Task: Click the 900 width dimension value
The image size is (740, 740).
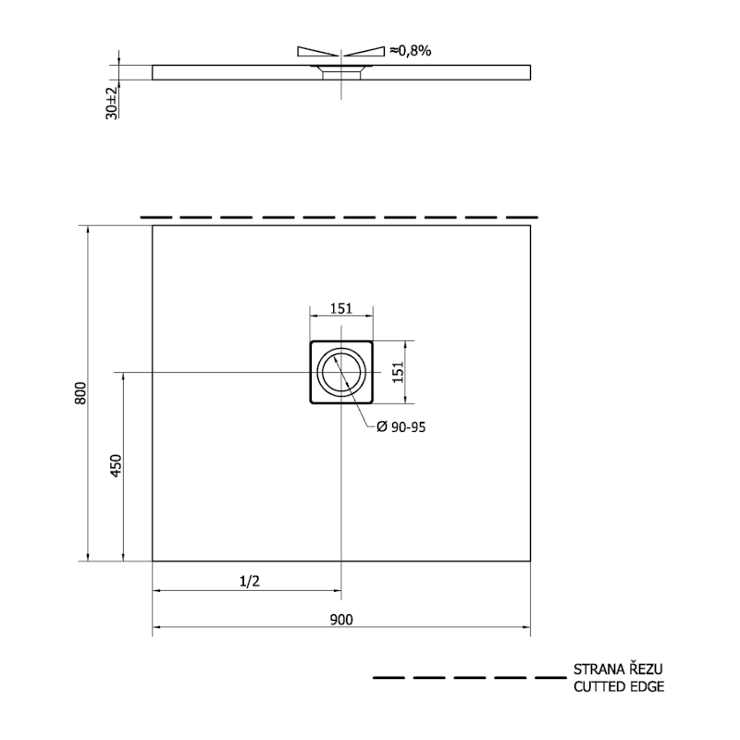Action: click(341, 619)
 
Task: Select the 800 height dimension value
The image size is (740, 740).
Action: click(80, 392)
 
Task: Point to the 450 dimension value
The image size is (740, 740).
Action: click(117, 466)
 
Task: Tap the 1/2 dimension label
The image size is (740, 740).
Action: click(250, 581)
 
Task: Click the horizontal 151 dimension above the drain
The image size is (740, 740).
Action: click(341, 308)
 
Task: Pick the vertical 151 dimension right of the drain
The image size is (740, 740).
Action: click(399, 372)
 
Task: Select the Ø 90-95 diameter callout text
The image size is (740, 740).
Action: click(401, 427)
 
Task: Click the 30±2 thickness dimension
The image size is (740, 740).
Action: click(111, 104)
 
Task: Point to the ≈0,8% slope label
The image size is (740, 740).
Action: click(410, 51)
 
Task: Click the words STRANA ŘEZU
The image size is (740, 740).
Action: click(618, 669)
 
